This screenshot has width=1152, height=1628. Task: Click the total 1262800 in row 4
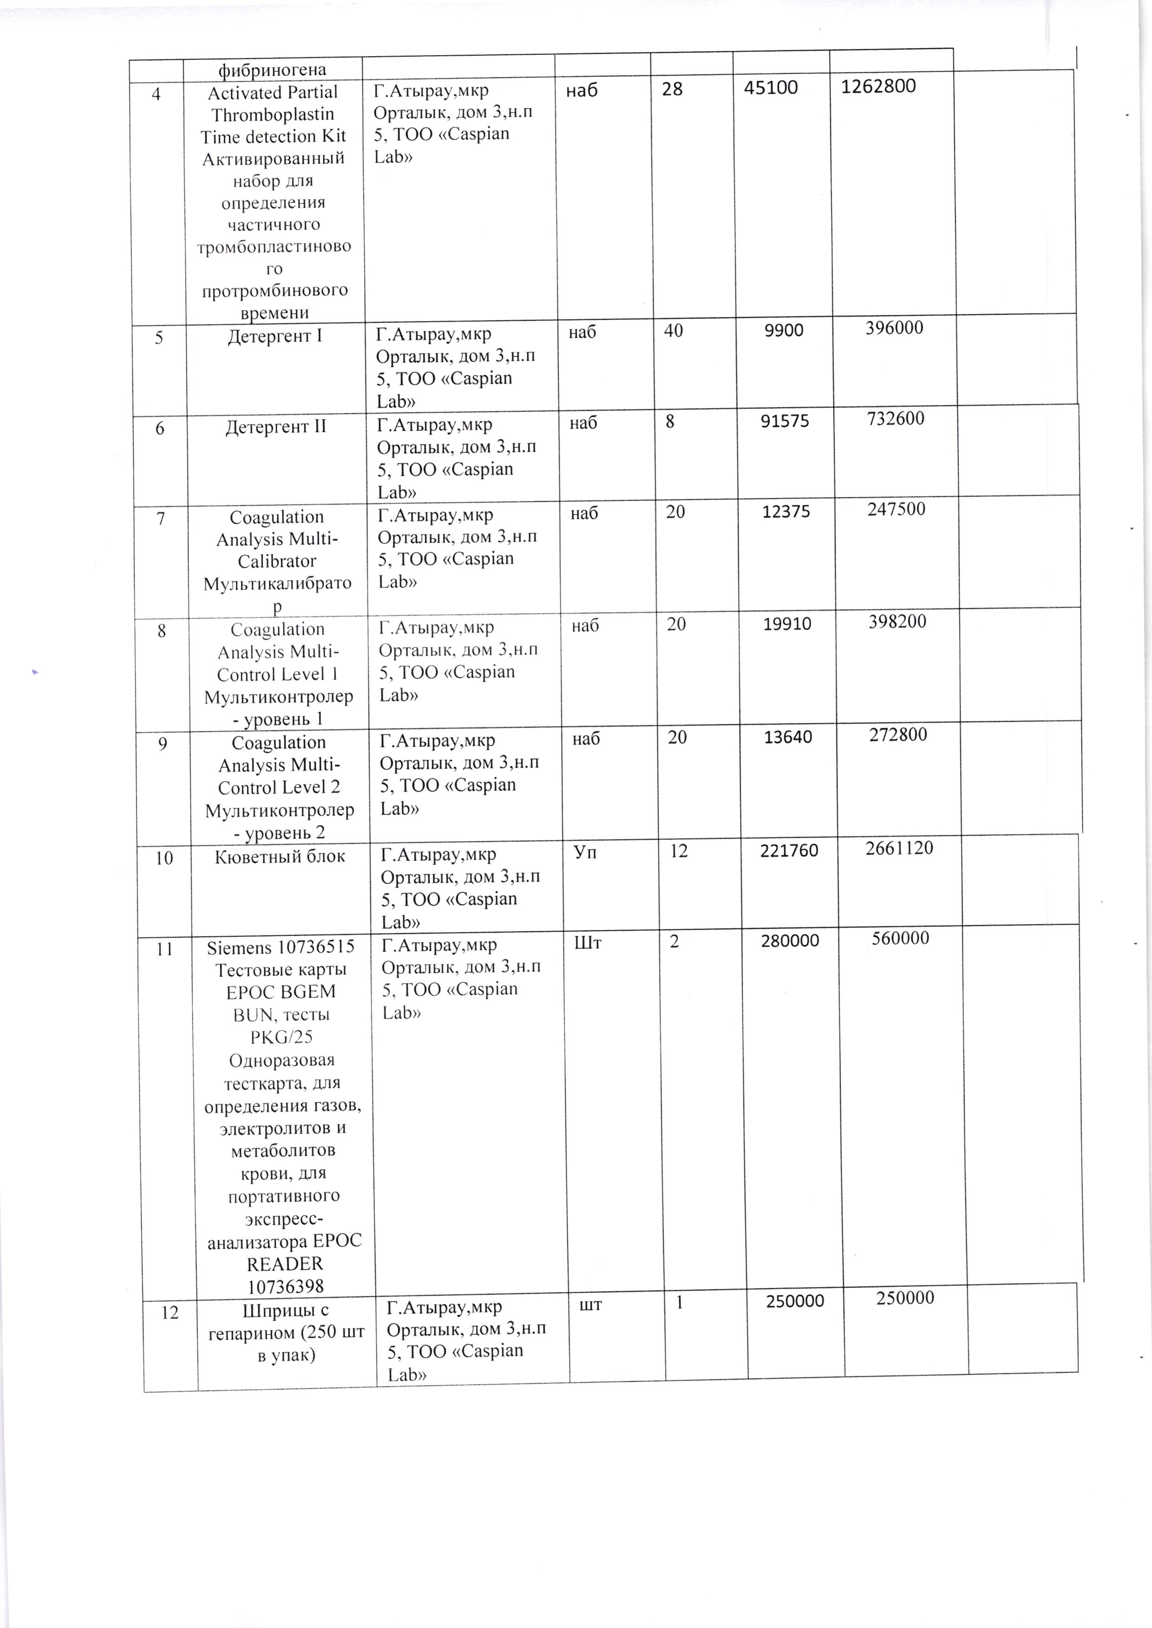[x=878, y=86]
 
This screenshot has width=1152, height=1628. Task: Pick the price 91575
[x=785, y=421]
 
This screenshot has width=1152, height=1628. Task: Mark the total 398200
[x=897, y=622]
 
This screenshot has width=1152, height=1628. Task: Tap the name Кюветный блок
[x=280, y=856]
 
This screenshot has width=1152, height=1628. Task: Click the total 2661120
[x=899, y=848]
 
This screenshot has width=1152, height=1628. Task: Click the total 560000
[x=900, y=939]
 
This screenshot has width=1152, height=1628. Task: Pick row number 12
[x=170, y=1313]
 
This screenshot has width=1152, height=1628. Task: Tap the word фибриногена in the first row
[x=272, y=70]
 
